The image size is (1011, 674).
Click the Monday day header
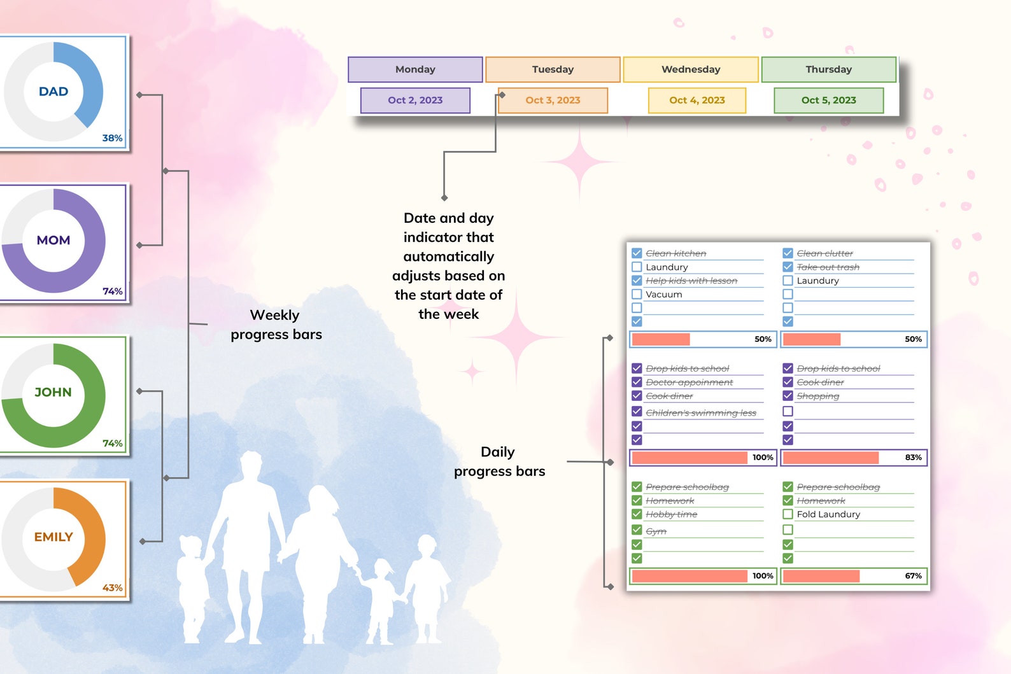click(415, 69)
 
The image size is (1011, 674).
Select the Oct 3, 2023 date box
click(553, 100)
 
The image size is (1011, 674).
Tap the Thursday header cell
click(828, 69)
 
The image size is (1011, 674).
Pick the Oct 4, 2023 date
click(696, 100)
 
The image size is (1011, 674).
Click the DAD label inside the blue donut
click(53, 92)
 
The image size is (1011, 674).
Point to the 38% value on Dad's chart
click(112, 138)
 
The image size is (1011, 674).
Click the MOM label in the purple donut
click(53, 241)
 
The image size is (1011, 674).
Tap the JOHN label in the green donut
click(53, 393)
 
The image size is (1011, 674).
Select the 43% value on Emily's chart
click(112, 588)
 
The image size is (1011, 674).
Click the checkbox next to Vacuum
click(637, 294)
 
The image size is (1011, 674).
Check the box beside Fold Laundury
click(788, 514)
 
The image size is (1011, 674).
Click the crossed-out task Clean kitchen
click(675, 253)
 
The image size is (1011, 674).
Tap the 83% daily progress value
click(913, 458)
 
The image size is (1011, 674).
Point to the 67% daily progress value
click(913, 576)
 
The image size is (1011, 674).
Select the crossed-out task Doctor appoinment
click(689, 383)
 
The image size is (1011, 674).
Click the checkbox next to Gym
click(637, 530)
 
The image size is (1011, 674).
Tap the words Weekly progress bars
click(276, 325)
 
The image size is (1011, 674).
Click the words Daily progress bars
click(499, 461)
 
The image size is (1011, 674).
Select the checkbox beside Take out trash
click(788, 267)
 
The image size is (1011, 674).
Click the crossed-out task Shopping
click(817, 396)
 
